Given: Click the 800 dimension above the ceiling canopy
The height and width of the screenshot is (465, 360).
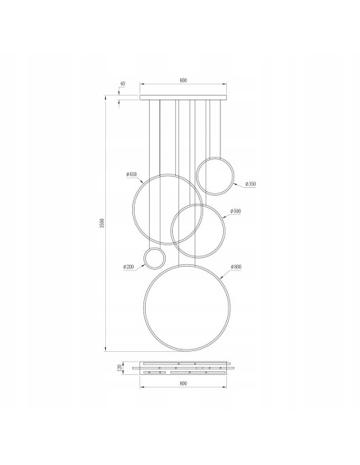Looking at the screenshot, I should (183, 80).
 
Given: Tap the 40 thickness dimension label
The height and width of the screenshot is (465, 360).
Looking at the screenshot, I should (122, 84).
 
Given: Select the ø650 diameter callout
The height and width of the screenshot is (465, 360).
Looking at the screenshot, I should (131, 174).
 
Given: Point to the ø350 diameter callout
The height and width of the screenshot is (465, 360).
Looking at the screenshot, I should (250, 184).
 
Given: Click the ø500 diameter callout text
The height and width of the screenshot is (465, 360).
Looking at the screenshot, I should (235, 211).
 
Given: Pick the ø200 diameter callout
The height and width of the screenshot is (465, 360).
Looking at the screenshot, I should (129, 267).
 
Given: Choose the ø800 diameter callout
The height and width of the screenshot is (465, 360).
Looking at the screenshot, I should (237, 266).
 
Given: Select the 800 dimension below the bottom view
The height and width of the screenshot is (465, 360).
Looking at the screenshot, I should (183, 384).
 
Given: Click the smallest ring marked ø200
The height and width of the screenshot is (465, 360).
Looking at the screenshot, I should (154, 259).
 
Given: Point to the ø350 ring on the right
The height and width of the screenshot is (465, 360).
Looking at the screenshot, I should (215, 176).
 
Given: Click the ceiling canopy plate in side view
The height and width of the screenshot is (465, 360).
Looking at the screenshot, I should (183, 97).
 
